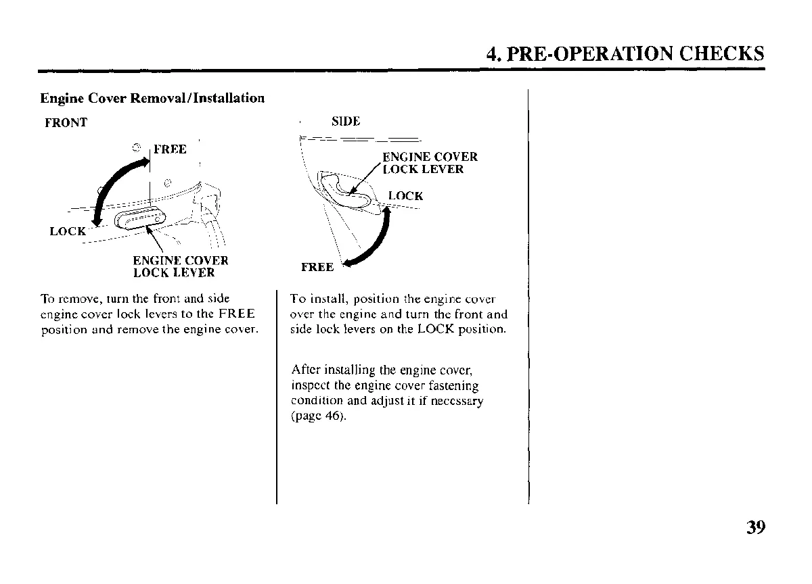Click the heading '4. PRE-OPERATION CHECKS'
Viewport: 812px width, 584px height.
click(x=625, y=53)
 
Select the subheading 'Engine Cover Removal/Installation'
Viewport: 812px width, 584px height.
click(x=152, y=98)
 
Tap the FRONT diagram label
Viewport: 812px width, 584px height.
click(x=66, y=123)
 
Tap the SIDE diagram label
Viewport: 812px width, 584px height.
click(x=346, y=122)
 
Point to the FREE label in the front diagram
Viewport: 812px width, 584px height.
click(x=170, y=149)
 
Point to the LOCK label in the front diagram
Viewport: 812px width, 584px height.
click(x=68, y=231)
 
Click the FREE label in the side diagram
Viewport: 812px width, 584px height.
click(x=317, y=267)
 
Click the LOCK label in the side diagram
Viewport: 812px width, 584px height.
click(x=405, y=196)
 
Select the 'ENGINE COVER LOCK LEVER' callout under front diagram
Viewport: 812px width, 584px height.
click(x=180, y=267)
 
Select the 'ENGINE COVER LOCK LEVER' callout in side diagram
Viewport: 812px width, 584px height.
click(x=430, y=163)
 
